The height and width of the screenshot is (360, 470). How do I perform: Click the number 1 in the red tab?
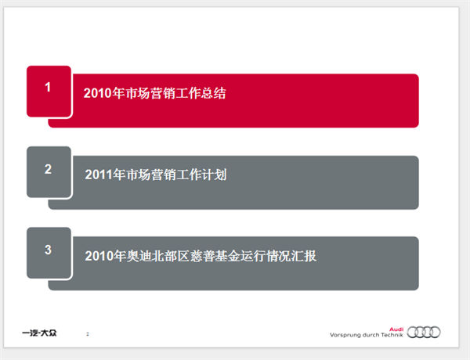pos(48,87)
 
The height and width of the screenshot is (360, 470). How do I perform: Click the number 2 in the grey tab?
pos(48,169)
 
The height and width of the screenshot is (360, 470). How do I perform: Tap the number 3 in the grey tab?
pos(48,250)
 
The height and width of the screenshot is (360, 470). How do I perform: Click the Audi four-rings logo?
pos(424,332)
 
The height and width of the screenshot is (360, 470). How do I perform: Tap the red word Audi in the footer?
pos(396,329)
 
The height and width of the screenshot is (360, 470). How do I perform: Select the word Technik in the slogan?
pos(392,335)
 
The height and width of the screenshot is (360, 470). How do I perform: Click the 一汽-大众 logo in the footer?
pos(39,333)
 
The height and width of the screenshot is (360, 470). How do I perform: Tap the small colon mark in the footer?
pos(88,334)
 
